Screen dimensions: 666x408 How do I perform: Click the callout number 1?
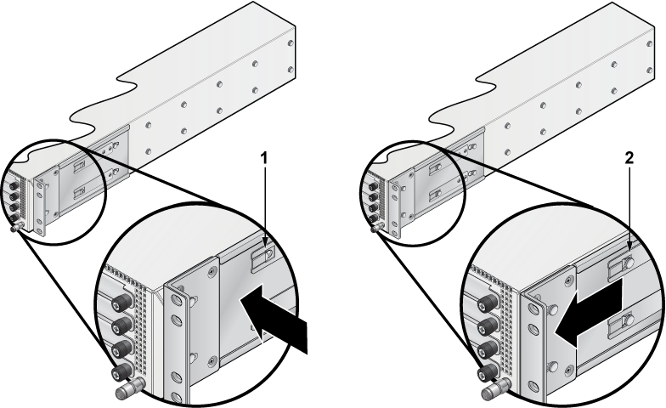pyautogui.click(x=263, y=158)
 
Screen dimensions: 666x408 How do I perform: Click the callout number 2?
pyautogui.click(x=629, y=158)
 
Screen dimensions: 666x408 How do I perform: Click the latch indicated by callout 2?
pyautogui.click(x=622, y=266)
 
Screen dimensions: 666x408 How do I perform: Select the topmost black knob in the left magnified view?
pyautogui.click(x=121, y=303)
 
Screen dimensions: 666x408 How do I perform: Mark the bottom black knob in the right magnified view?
pyautogui.click(x=487, y=372)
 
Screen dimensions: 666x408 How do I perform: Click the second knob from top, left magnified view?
pyautogui.click(x=121, y=326)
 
